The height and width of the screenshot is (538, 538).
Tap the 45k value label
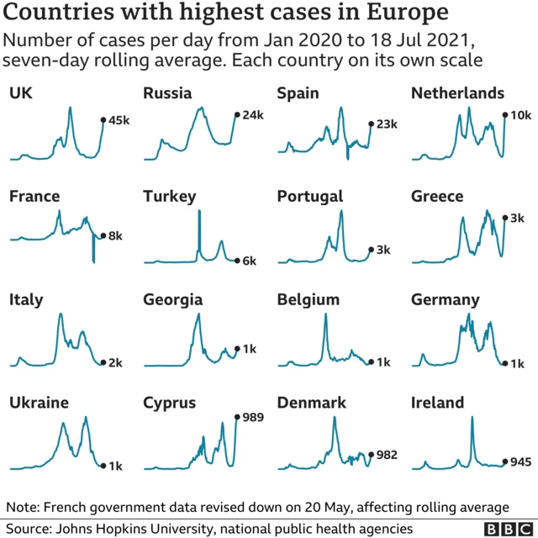[120, 120]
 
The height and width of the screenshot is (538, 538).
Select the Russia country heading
[167, 92]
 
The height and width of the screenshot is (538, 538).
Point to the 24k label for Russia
[253, 114]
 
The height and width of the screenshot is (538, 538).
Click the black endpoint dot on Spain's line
[370, 124]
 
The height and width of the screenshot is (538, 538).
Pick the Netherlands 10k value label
[521, 114]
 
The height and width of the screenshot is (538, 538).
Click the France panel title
[34, 196]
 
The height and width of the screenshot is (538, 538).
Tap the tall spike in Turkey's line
[199, 227]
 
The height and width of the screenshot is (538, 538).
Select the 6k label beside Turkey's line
[249, 261]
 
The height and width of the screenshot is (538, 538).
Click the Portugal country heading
[310, 196]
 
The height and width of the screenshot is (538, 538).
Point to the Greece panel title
[437, 196]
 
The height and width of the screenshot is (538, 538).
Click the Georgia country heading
[172, 299]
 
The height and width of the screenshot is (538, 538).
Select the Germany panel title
[446, 299]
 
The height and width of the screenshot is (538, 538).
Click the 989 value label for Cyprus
[253, 417]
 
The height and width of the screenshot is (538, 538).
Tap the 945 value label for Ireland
[521, 461]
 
